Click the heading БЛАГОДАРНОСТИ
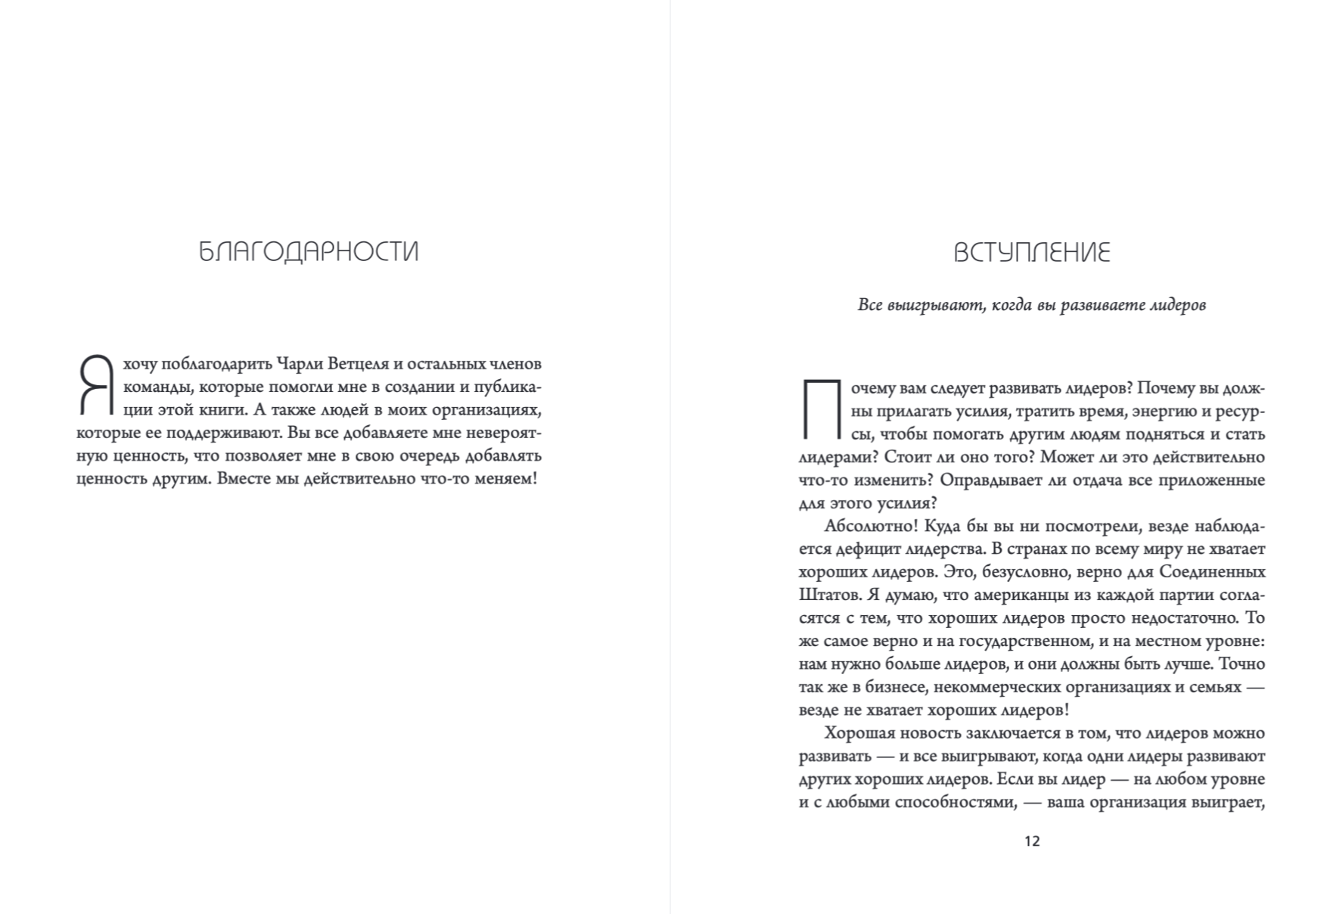309,252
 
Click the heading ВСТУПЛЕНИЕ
1032,252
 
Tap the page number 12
1032,841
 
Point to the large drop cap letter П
820,409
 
